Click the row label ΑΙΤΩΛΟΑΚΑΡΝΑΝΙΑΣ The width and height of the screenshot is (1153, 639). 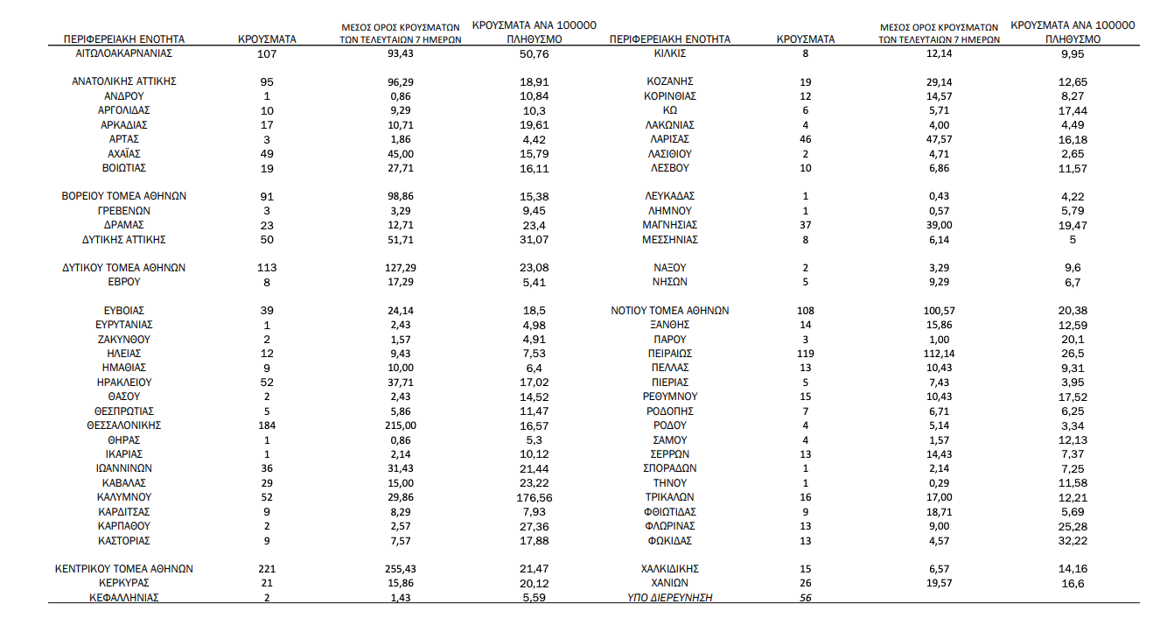click(124, 53)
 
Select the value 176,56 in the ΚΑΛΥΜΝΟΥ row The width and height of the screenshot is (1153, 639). click(534, 497)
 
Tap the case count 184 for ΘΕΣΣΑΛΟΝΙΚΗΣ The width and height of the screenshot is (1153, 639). click(267, 425)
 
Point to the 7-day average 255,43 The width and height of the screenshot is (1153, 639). click(402, 569)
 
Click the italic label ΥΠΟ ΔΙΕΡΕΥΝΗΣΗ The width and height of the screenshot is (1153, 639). click(669, 598)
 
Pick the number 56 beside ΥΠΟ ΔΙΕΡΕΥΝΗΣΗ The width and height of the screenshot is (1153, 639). click(806, 598)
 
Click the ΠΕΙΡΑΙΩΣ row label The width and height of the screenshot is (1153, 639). click(669, 354)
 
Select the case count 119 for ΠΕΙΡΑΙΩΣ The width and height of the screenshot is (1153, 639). click(806, 354)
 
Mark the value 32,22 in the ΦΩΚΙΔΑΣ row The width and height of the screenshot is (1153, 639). click(1073, 540)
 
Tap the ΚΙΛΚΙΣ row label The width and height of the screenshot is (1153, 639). click(669, 53)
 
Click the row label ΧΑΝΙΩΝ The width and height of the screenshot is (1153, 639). click(669, 583)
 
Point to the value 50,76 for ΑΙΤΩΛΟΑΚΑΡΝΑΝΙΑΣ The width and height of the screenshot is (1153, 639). click(534, 53)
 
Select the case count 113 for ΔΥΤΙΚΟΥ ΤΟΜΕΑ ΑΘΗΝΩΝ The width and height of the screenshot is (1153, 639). click(267, 268)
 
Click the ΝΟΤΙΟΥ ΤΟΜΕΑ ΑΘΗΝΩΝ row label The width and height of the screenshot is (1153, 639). click(669, 311)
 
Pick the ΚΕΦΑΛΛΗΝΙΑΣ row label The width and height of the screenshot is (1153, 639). click(124, 598)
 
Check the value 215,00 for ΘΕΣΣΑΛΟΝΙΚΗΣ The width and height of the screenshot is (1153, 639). click(402, 425)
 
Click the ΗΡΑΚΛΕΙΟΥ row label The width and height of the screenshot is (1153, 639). click(124, 383)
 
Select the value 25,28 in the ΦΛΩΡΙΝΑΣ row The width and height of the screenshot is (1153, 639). click(1073, 526)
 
